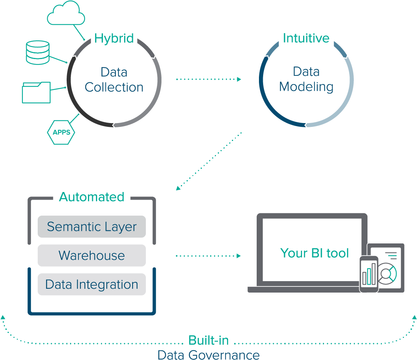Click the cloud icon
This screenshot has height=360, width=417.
point(66,14)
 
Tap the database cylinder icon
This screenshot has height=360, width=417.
point(37,52)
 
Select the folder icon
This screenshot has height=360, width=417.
point(36,93)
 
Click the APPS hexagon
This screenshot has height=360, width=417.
point(61,133)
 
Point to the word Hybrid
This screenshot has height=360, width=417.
point(114,38)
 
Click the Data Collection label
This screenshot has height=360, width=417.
point(114,80)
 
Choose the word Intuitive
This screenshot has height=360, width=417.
point(306,38)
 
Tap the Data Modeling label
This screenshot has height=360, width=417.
point(306,79)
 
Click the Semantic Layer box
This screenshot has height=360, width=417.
point(92,227)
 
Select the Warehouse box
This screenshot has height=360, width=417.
point(92,255)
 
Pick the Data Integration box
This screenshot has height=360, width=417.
point(92,284)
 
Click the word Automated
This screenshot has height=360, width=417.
point(91,197)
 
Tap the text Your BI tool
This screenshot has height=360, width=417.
point(315,253)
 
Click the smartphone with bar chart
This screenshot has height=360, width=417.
point(369,274)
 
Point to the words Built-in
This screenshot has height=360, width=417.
point(208,340)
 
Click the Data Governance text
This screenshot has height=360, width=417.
point(208,355)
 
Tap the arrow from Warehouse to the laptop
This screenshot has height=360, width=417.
point(209,256)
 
